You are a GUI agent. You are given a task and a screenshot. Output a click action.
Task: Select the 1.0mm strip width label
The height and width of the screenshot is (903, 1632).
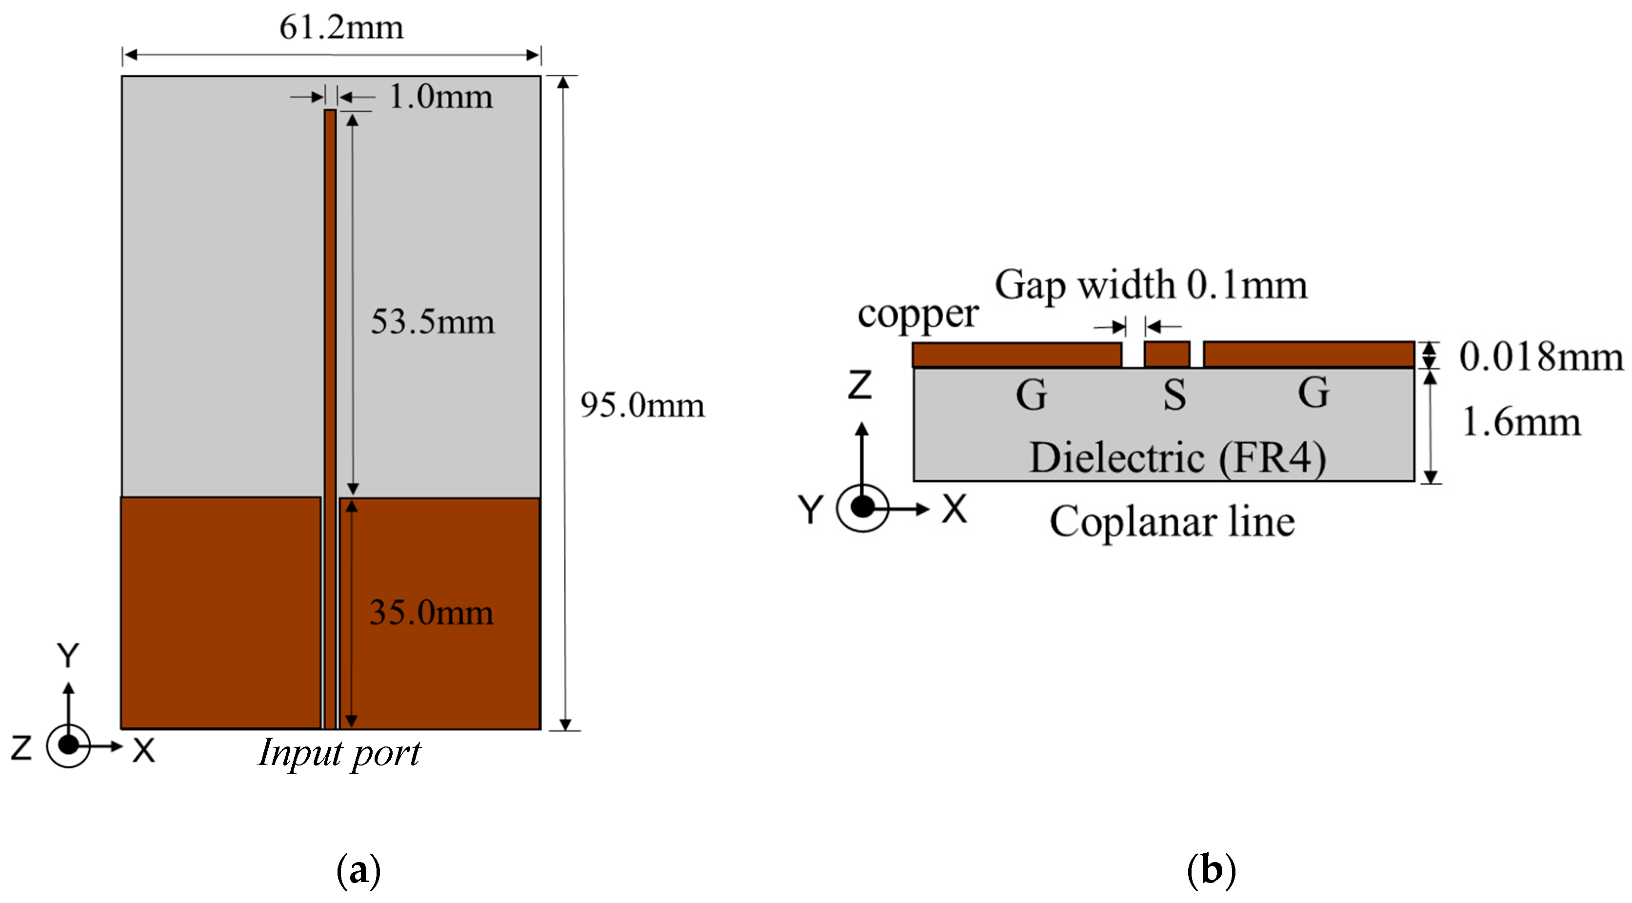[x=441, y=98]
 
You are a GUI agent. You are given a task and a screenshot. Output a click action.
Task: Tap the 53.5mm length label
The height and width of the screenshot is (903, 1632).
[x=432, y=322]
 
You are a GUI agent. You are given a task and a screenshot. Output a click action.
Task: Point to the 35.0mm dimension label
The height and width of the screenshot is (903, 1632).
[x=431, y=613]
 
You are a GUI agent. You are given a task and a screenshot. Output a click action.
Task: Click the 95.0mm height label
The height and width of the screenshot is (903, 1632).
[x=642, y=405]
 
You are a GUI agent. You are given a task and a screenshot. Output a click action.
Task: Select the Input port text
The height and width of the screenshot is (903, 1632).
[x=339, y=753]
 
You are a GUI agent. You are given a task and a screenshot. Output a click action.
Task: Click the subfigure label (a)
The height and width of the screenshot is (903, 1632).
[x=358, y=870]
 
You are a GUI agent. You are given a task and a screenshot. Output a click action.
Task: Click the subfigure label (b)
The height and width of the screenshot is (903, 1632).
[x=1211, y=870]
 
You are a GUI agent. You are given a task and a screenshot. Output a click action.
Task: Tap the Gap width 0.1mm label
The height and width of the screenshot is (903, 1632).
[x=1151, y=285]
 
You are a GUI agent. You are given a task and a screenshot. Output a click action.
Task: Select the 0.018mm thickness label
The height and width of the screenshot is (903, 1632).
[x=1541, y=356]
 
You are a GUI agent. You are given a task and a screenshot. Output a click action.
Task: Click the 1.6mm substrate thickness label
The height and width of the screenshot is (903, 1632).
[x=1520, y=422]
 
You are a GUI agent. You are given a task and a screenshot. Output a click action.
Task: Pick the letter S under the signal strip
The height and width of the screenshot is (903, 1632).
[x=1174, y=394]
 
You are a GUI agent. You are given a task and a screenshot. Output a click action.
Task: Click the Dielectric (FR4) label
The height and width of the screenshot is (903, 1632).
[x=1177, y=457]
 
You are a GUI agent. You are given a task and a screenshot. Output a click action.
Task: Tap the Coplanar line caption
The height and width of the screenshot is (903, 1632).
[x=1172, y=522]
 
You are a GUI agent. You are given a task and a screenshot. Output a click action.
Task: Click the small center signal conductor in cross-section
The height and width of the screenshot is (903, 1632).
[x=1166, y=354]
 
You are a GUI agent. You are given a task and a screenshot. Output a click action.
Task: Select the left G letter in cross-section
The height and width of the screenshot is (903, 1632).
[x=1032, y=394]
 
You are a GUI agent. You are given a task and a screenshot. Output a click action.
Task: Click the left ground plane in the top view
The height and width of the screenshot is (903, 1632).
[x=220, y=612]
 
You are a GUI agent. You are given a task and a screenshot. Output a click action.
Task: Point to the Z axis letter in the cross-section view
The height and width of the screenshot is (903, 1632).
[x=860, y=384]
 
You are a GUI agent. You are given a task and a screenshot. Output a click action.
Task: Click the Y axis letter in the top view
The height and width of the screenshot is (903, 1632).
[x=68, y=655]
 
